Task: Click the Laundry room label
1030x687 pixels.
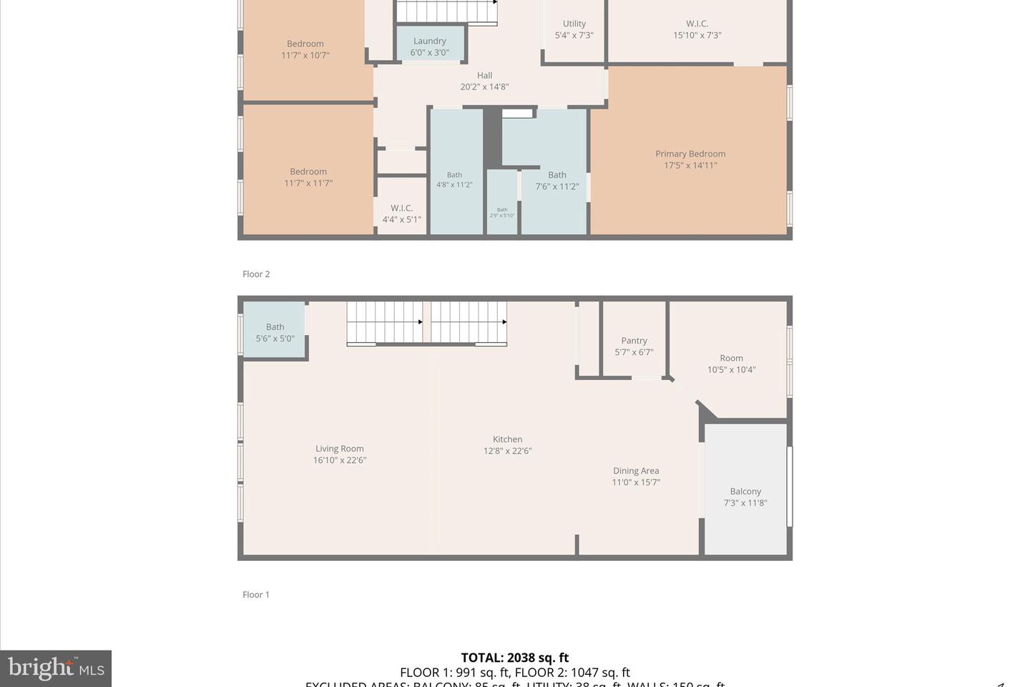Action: (x=430, y=42)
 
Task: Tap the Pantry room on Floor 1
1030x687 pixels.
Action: (x=634, y=346)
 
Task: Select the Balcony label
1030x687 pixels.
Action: (x=745, y=492)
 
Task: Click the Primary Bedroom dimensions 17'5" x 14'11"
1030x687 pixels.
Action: (x=690, y=165)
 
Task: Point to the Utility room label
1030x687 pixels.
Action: (x=574, y=24)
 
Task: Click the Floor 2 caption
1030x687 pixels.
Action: (x=256, y=274)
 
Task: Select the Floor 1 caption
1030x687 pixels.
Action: (x=256, y=595)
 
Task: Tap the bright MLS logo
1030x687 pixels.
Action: (x=56, y=668)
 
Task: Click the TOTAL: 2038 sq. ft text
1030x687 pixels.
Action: (x=514, y=658)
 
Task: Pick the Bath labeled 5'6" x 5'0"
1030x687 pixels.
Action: (x=275, y=333)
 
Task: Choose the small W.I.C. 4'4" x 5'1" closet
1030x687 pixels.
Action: (x=401, y=214)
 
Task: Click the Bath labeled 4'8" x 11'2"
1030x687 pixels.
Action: (x=455, y=180)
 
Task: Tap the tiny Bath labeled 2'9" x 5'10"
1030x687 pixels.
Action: (x=502, y=213)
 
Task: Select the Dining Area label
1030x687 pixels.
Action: (x=636, y=471)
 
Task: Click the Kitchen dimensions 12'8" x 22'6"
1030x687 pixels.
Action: (x=508, y=451)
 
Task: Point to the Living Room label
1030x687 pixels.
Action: (x=340, y=449)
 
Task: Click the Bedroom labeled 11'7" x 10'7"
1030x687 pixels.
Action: (x=305, y=49)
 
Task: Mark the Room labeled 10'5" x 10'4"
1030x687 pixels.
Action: (x=731, y=364)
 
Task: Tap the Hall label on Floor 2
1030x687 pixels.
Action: (x=485, y=75)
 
